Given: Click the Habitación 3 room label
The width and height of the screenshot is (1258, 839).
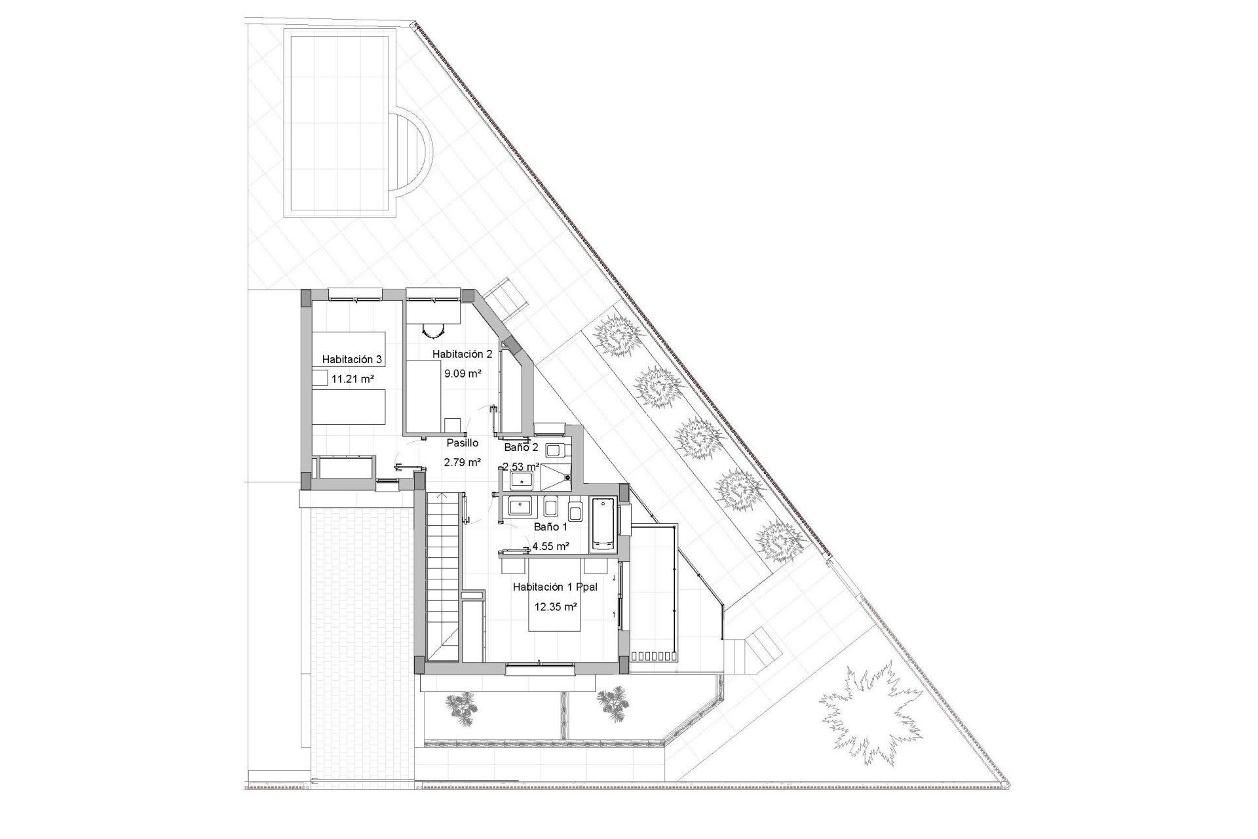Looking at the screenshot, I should pos(352,359).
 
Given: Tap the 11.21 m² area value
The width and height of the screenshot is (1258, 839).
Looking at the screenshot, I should pos(353,379).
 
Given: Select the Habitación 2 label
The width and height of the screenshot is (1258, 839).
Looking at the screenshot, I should pos(462,354).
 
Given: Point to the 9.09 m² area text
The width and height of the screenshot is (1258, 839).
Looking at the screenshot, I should pos(463,374).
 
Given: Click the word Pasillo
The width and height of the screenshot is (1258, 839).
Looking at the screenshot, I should pos(463,443).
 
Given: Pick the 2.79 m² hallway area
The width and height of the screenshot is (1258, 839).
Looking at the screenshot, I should pos(463,462).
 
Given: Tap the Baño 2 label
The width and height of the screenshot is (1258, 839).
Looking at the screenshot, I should pos(521,448).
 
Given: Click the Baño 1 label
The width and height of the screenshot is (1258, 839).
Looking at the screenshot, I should pos(550,526).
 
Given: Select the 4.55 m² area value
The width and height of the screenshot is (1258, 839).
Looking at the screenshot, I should pos(550,546).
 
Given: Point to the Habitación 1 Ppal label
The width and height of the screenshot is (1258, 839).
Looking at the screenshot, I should pos(555,587).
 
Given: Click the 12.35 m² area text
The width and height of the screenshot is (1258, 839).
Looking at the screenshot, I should pos(556,607).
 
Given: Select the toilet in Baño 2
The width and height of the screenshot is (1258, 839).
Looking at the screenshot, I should pos(557,450).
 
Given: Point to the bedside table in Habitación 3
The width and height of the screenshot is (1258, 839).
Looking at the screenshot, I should pos(319,378).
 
